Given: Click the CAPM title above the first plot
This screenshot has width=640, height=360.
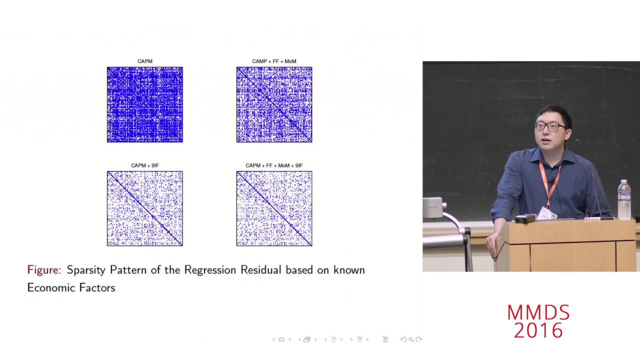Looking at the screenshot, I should point(145,61).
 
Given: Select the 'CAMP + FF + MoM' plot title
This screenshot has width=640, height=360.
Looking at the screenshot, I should point(274,61).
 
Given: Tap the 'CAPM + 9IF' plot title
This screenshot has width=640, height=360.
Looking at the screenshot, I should point(145,165).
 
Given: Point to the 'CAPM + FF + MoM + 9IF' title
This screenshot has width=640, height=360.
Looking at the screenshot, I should point(274,165).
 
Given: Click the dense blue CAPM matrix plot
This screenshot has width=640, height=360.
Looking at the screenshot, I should point(145,104).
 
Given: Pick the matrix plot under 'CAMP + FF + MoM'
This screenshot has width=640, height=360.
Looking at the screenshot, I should point(274,104).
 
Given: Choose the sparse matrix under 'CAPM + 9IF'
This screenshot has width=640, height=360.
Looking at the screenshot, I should point(145,208).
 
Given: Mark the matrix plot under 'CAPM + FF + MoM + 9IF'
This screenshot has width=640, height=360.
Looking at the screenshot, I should point(274,208).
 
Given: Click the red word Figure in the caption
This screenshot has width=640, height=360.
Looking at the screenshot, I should point(44,270).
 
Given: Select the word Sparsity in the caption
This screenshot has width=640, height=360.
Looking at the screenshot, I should point(86,270).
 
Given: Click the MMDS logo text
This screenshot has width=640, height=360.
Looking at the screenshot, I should point(538,313).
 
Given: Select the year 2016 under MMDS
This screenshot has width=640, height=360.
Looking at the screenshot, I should point(538,330).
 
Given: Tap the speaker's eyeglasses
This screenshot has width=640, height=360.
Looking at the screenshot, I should point(550,126).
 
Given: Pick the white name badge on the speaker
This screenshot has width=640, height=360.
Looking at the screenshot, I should point(546,213).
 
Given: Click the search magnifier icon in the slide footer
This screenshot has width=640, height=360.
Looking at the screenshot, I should point(411,339).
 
